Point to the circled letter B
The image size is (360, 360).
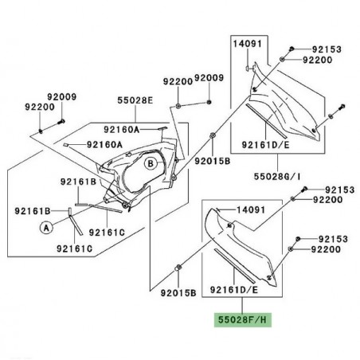click(x=151, y=165)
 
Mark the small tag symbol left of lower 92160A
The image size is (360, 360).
click(x=69, y=145)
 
